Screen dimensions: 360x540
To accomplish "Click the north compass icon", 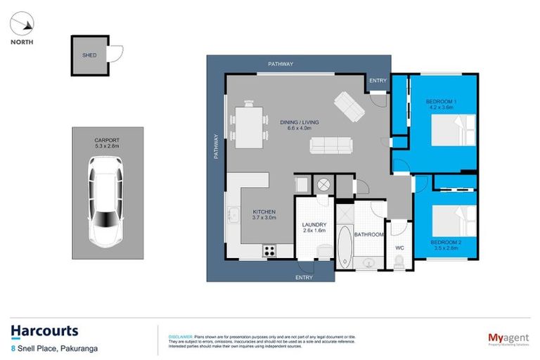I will pyautogui.click(x=21, y=25).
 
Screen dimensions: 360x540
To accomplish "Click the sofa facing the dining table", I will pyautogui.click(x=330, y=146).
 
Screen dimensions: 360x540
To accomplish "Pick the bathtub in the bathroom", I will pyautogui.click(x=345, y=244).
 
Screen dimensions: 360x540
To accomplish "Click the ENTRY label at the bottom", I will pyautogui.click(x=304, y=278).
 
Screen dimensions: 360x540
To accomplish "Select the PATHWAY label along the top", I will pyautogui.click(x=281, y=64).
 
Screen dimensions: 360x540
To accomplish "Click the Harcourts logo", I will pyautogui.click(x=44, y=330).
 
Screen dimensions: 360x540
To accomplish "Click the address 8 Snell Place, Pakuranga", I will pyautogui.click(x=50, y=347).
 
